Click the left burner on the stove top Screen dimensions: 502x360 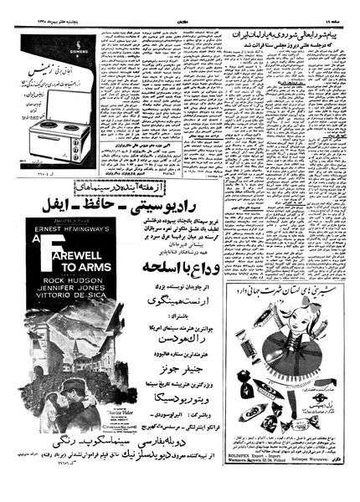[x=41, y=131]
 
